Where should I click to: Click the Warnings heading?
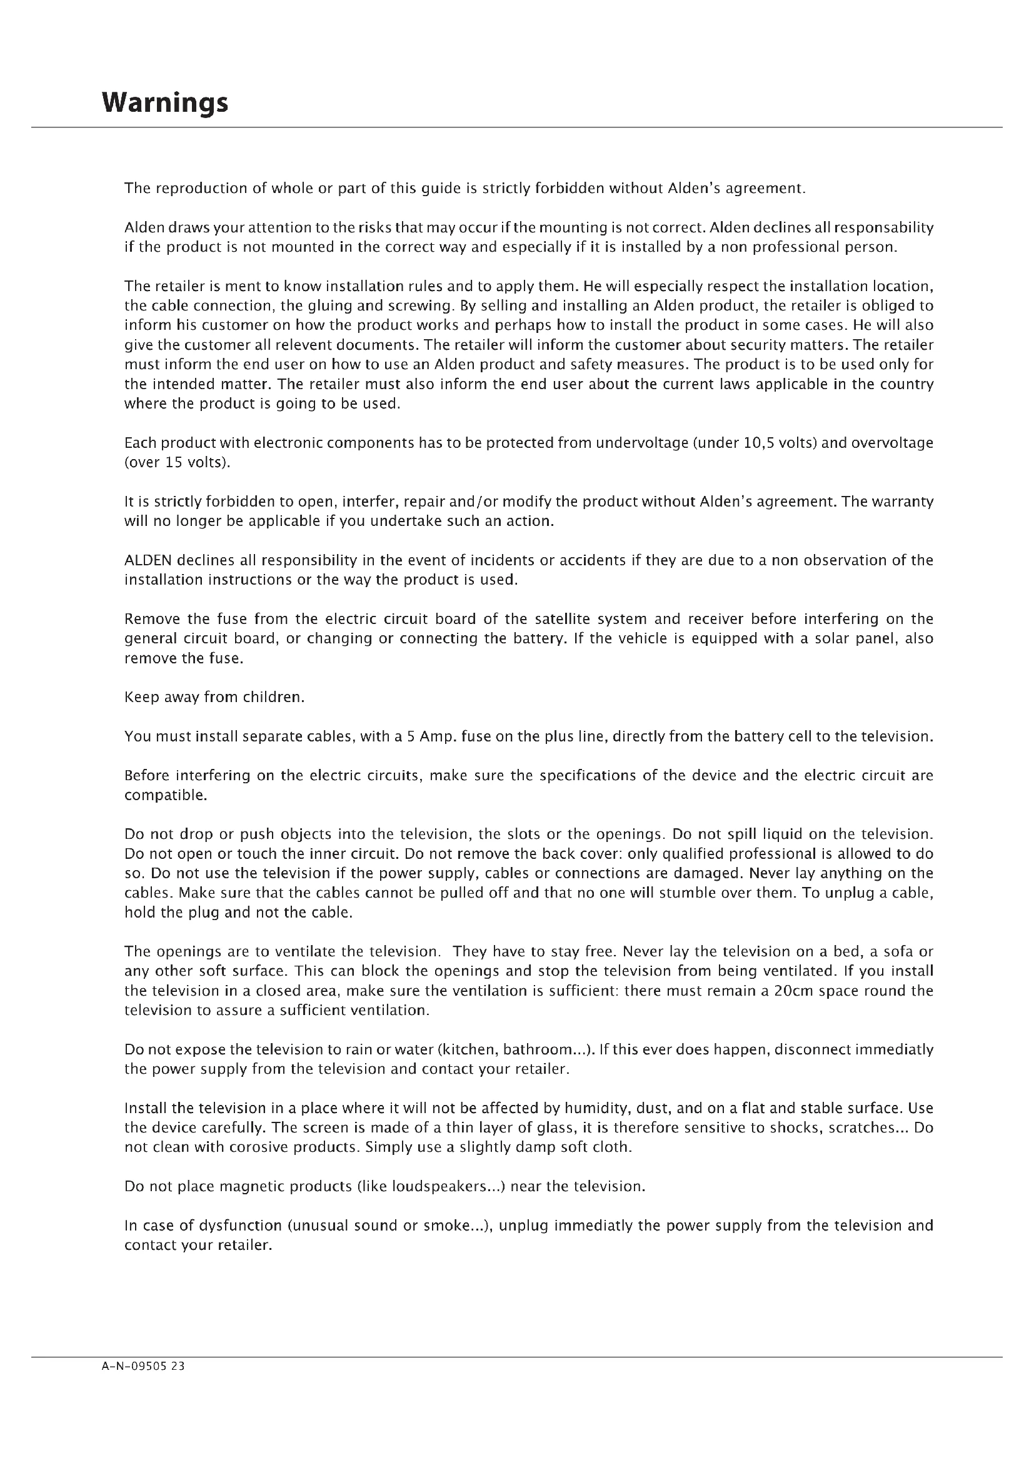[x=165, y=102]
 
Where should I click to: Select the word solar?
[x=834, y=639]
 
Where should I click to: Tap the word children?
[x=273, y=698]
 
